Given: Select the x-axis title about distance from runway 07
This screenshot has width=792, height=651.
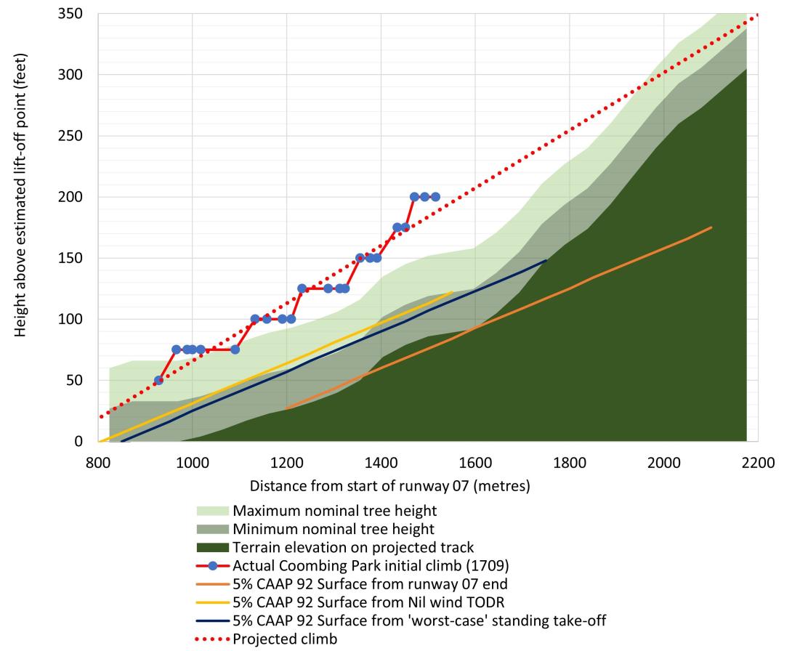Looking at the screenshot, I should click(389, 485).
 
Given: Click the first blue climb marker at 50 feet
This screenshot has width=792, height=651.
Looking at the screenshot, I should click(158, 380).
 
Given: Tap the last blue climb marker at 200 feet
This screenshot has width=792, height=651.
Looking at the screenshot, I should click(435, 197).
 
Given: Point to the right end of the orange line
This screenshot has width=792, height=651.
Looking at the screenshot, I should click(711, 227).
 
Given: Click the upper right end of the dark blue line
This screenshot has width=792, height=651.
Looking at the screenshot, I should click(546, 260).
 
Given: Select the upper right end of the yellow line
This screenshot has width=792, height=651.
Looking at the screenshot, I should click(451, 292).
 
